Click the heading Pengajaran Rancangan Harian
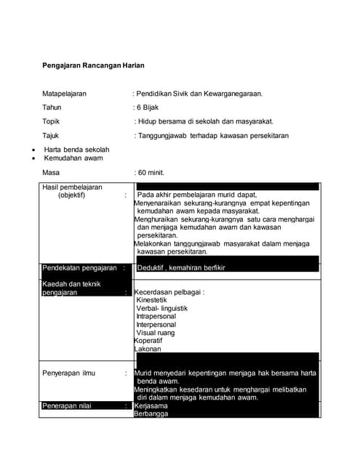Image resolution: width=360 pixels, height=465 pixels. [x=93, y=66]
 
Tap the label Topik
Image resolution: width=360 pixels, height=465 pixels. [x=52, y=121]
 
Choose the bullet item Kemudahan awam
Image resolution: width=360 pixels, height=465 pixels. [x=73, y=158]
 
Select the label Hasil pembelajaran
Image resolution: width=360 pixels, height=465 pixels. [x=72, y=187]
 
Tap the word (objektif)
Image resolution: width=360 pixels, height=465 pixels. [x=72, y=195]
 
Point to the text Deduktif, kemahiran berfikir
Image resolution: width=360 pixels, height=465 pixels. [x=182, y=268]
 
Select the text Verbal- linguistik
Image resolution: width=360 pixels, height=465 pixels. [x=162, y=309]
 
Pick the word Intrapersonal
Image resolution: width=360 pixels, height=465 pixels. [x=156, y=317]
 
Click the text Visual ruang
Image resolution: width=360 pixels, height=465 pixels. [x=156, y=333]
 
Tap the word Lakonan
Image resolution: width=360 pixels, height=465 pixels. [x=148, y=349]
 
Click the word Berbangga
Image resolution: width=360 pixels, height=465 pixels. [x=151, y=414]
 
